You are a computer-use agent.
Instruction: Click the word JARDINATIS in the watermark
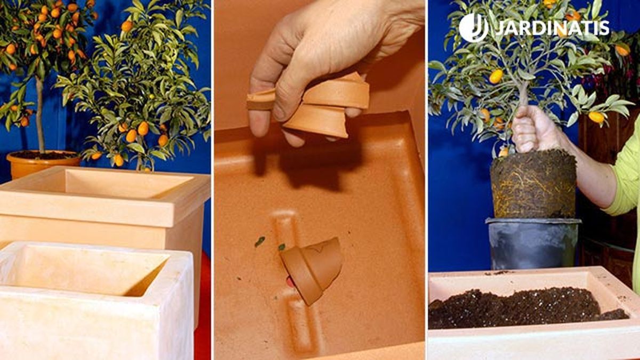point(552,28)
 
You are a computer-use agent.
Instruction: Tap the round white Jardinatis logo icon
point(473,27)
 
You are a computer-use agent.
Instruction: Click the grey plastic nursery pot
point(533,243)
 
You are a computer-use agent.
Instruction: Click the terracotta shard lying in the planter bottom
point(312,270)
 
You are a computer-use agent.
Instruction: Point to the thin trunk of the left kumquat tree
point(40,114)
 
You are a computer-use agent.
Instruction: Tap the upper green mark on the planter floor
point(260,242)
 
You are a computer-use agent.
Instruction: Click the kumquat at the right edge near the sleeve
point(597,117)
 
